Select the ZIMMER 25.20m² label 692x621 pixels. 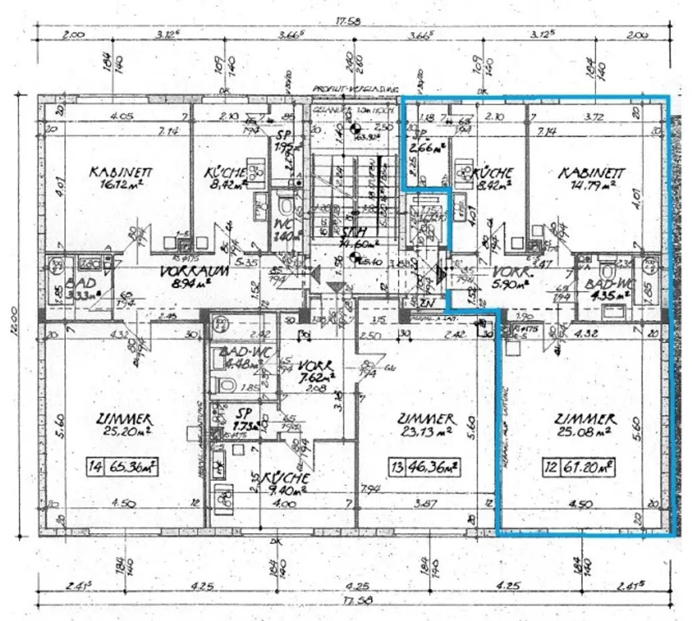click(x=122, y=425)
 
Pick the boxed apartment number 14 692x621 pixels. click(x=96, y=466)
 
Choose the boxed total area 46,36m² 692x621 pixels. click(x=434, y=466)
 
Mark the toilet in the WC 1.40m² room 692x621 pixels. click(x=285, y=204)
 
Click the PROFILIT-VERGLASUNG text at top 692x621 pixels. click(x=356, y=88)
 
